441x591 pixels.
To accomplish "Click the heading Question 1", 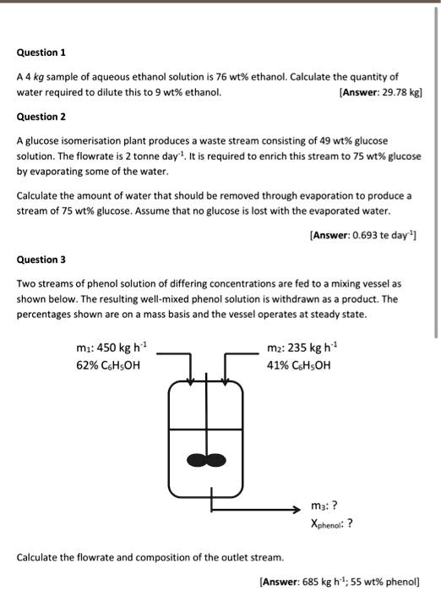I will (41, 52).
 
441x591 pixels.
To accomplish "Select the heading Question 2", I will (41, 116).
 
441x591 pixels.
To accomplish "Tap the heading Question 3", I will (41, 260).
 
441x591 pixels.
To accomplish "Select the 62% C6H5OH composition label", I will (107, 365).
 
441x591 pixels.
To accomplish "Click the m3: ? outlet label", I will (324, 506).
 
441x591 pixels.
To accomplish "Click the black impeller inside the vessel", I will (206, 460).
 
